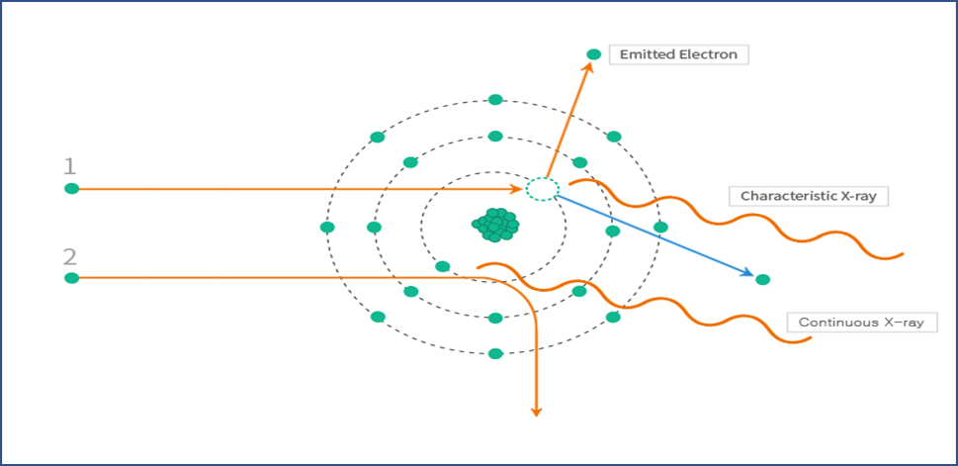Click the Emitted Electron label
(x=678, y=54)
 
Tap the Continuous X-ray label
(x=860, y=323)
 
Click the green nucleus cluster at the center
(x=495, y=226)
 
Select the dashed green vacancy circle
(x=542, y=189)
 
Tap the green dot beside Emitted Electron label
(x=593, y=54)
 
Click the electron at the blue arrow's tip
(x=762, y=280)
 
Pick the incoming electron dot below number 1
(x=71, y=189)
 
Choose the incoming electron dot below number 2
(x=71, y=279)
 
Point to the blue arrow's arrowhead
(x=748, y=274)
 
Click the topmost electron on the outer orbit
(x=495, y=100)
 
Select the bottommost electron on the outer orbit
(x=495, y=353)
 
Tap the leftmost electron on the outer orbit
(x=327, y=227)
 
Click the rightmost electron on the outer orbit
(x=660, y=227)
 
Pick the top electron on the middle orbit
(x=495, y=137)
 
